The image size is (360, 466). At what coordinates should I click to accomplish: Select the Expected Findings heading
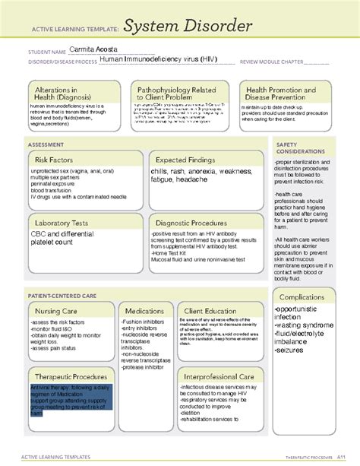189,160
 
